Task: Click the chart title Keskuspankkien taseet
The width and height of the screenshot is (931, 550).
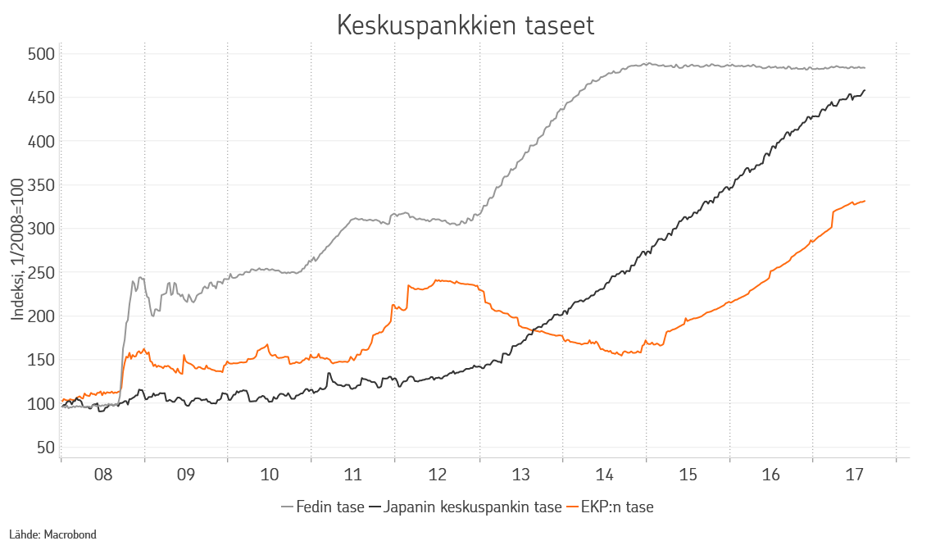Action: (x=465, y=25)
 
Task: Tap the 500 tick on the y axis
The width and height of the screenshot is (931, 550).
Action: (x=40, y=54)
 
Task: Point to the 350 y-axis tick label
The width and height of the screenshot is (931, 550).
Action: (x=40, y=185)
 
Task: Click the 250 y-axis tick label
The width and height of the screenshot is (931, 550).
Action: (x=40, y=272)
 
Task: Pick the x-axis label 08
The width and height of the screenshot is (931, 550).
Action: (x=103, y=475)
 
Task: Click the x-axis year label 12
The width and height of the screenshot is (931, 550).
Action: (x=437, y=475)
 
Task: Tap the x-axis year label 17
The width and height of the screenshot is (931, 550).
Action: (x=855, y=475)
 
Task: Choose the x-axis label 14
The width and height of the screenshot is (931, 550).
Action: (x=604, y=475)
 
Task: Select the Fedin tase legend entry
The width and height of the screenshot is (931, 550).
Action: (x=322, y=507)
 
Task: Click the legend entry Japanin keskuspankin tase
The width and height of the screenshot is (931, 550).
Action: (x=465, y=507)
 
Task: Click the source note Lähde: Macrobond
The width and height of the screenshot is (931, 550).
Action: (x=52, y=534)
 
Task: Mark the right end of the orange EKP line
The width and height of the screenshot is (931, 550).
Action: (x=865, y=201)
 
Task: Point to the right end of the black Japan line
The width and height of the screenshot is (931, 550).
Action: (x=865, y=90)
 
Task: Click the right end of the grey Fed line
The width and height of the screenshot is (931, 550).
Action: (x=865, y=68)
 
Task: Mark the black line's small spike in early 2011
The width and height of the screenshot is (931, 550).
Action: (x=329, y=374)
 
